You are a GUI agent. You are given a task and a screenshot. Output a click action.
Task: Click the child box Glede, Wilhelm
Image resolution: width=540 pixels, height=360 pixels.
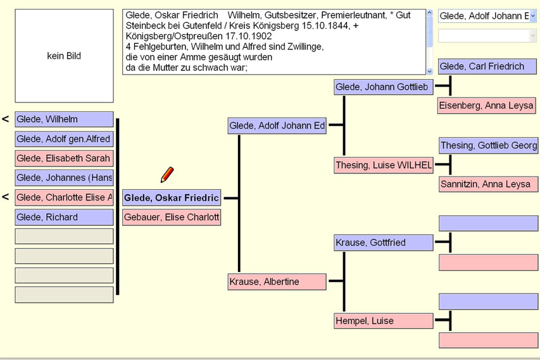pyautogui.click(x=64, y=120)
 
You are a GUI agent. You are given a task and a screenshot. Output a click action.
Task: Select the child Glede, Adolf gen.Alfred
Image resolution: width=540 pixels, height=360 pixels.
pyautogui.click(x=64, y=139)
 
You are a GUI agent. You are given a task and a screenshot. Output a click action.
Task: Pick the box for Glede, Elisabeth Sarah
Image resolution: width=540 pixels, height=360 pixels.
pyautogui.click(x=64, y=158)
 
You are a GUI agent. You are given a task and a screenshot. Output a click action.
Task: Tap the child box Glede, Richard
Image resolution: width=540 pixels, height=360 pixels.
pyautogui.click(x=64, y=217)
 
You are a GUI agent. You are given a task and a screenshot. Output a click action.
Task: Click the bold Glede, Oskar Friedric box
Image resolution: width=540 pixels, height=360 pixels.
pyautogui.click(x=172, y=198)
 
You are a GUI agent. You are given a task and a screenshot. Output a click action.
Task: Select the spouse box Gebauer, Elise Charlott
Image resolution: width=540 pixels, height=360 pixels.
pyautogui.click(x=172, y=217)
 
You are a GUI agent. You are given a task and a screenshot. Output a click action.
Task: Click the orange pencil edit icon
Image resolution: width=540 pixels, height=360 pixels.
pyautogui.click(x=167, y=175)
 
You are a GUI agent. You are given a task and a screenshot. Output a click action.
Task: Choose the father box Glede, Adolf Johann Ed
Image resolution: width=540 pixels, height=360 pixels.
pyautogui.click(x=277, y=126)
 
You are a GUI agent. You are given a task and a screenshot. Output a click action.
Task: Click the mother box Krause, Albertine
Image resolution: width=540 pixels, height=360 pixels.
pyautogui.click(x=277, y=282)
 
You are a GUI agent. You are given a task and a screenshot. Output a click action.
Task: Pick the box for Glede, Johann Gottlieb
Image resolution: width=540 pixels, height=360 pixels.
pyautogui.click(x=384, y=87)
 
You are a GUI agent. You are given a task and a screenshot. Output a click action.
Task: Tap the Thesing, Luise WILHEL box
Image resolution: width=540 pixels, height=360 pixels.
pyautogui.click(x=384, y=165)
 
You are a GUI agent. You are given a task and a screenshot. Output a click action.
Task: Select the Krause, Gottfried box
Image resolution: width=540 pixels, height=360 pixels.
pyautogui.click(x=384, y=243)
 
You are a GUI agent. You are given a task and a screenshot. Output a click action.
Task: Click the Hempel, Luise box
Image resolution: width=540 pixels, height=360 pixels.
pyautogui.click(x=384, y=321)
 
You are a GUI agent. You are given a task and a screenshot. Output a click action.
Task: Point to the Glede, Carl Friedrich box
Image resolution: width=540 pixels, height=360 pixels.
pyautogui.click(x=487, y=66)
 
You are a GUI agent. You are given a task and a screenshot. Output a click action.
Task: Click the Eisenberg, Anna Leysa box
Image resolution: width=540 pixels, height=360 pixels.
pyautogui.click(x=487, y=106)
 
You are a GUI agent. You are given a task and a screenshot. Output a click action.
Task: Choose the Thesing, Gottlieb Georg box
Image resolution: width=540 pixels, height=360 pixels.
pyautogui.click(x=487, y=146)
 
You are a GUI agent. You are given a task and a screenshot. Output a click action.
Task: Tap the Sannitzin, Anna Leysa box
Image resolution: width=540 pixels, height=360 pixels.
pyautogui.click(x=487, y=184)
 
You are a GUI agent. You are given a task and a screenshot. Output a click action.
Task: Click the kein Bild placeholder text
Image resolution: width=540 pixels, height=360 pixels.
pyautogui.click(x=64, y=56)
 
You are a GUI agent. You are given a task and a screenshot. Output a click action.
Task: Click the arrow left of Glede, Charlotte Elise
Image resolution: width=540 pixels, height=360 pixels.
pyautogui.click(x=6, y=197)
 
